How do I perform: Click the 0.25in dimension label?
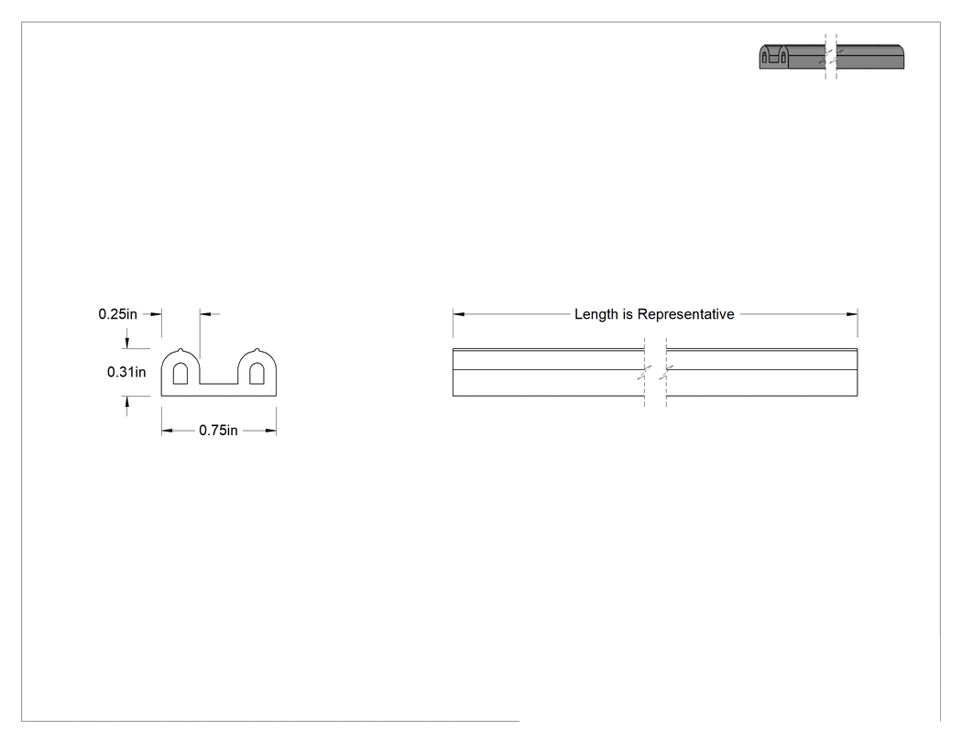coord(118,314)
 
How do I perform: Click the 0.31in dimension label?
coord(126,372)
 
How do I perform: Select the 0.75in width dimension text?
coord(218,431)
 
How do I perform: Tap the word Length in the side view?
coord(596,314)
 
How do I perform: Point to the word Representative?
coord(686,314)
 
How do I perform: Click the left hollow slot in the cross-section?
coord(180,373)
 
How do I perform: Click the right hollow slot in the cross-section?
coord(257,373)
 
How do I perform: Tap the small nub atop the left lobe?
coord(180,350)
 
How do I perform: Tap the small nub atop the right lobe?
coord(257,350)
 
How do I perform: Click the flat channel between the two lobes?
coord(218,384)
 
